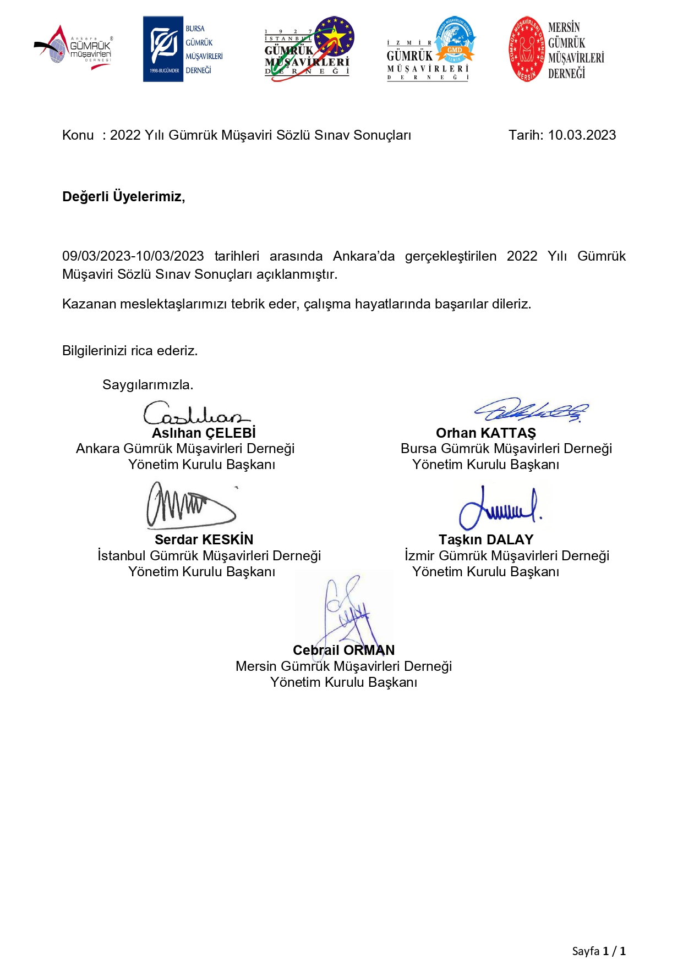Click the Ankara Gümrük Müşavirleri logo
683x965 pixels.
[74, 48]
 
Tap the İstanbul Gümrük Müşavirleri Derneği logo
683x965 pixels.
[309, 49]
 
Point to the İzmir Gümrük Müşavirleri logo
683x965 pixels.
[431, 49]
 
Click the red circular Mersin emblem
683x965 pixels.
[526, 49]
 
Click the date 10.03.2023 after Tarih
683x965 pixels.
[582, 135]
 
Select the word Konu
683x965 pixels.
[78, 135]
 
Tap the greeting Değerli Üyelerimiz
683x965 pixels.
[123, 196]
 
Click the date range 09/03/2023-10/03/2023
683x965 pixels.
[133, 256]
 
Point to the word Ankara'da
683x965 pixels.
[364, 256]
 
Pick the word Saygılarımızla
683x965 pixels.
[147, 385]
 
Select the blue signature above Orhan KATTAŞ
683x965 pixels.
[531, 410]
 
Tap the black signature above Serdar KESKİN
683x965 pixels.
[190, 505]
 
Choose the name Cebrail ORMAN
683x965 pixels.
[343, 650]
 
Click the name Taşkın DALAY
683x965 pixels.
[486, 539]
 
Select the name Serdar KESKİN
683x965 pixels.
[204, 539]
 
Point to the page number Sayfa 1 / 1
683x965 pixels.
[599, 951]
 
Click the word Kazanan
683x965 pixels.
[89, 304]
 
